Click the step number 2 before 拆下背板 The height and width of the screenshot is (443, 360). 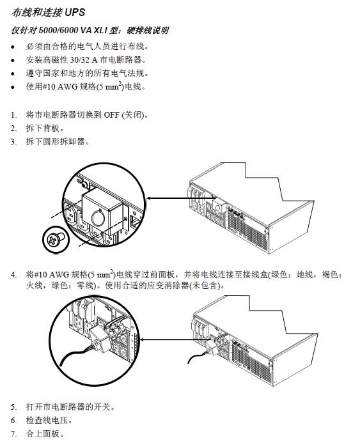coord(13,128)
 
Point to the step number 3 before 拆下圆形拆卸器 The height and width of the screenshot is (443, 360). coord(13,141)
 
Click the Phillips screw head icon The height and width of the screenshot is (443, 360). coord(51,241)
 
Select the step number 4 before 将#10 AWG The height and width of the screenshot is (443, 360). coord(13,275)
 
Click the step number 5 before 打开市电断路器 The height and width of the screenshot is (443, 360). coord(13,407)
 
